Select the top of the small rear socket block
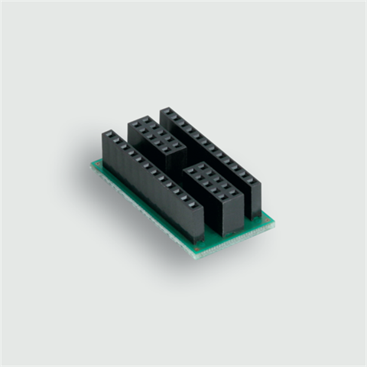pos(157,133)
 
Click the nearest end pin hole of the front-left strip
pos(195,205)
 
